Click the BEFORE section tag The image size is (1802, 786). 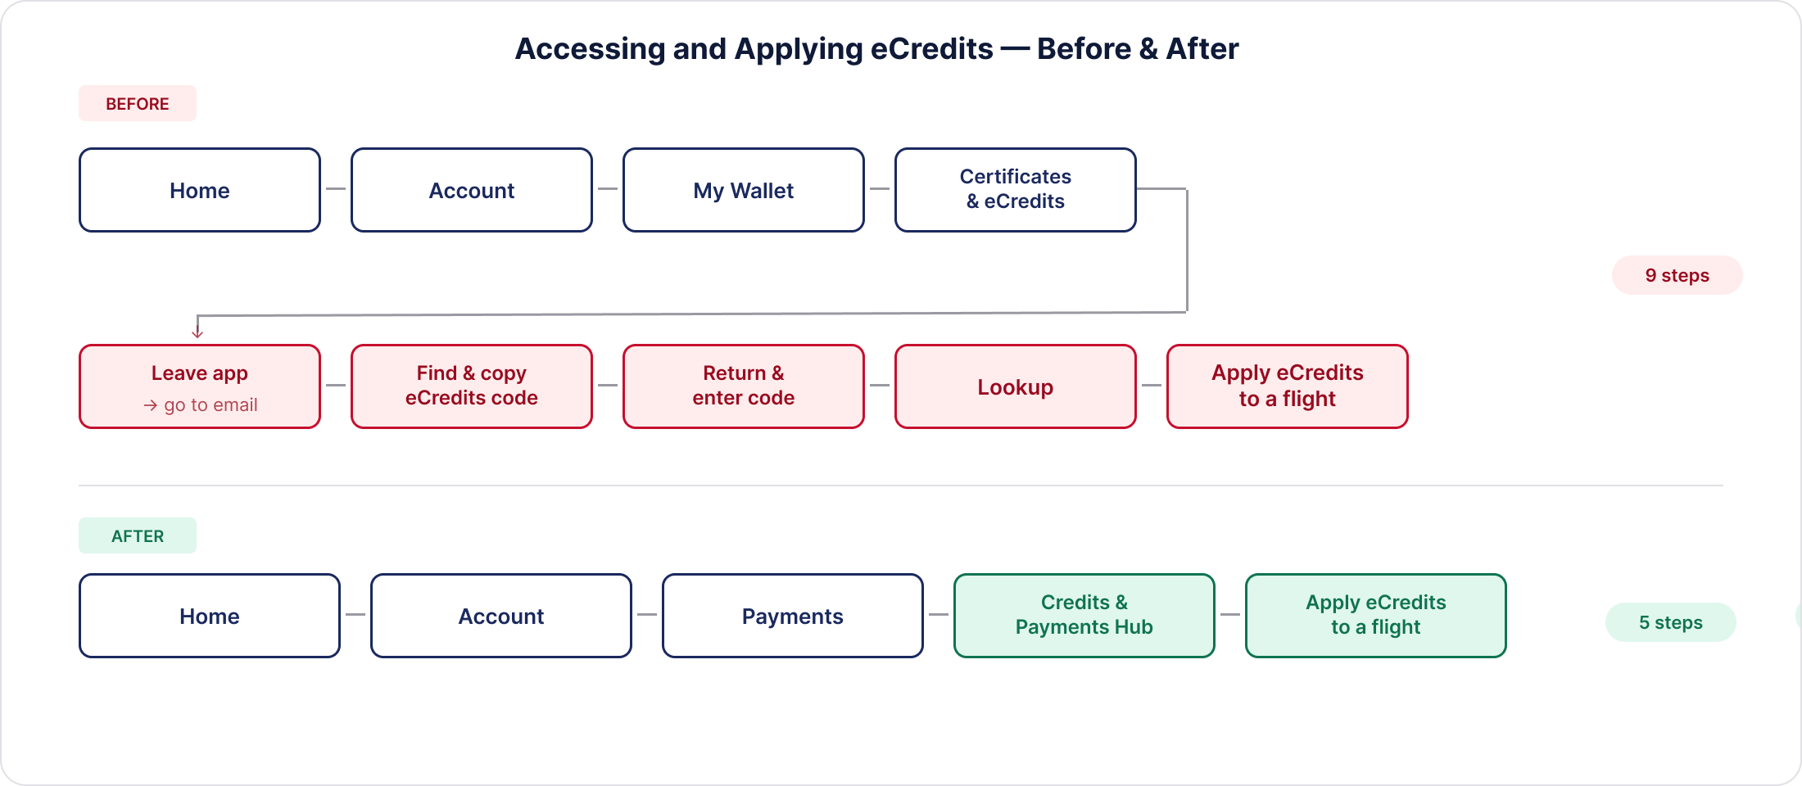point(138,103)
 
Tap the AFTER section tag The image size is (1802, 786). point(138,535)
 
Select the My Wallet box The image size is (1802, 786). point(744,190)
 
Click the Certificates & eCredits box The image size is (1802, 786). point(1016,190)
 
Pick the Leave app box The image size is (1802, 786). point(200,386)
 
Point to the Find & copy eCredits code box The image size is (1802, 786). point(472,386)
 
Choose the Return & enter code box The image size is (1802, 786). point(744,386)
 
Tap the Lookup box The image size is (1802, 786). point(1016,386)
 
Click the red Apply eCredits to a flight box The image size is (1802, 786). point(1288,386)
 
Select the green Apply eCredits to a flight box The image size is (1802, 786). point(1376,616)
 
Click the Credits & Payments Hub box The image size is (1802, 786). point(1084,616)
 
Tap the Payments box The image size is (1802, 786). point(793,616)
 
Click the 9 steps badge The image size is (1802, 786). point(1677,275)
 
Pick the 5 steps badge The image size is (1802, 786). point(1671,622)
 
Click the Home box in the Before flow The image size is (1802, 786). point(200,190)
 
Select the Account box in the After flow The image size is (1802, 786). point(501,616)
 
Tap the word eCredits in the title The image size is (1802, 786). point(931,49)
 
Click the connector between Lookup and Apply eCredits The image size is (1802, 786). point(1152,385)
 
